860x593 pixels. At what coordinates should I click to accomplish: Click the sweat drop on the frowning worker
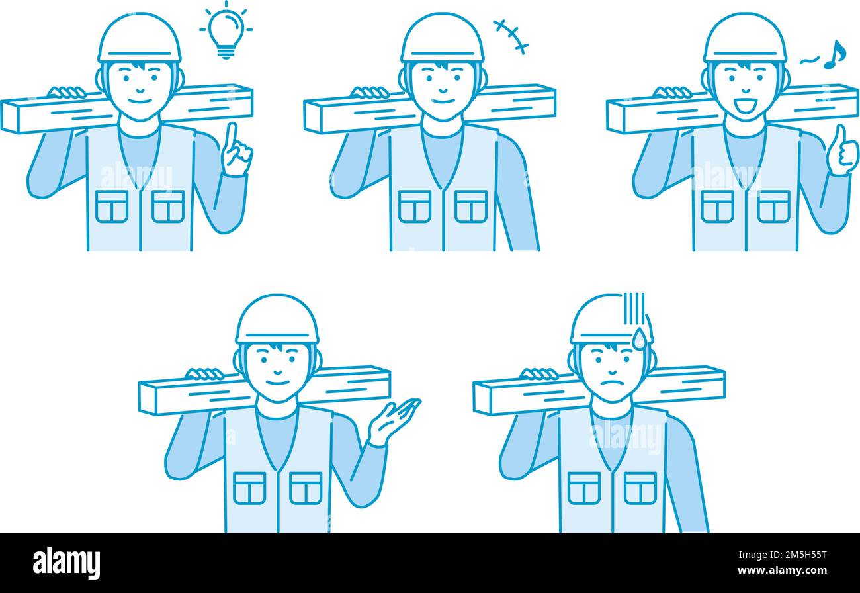(639, 338)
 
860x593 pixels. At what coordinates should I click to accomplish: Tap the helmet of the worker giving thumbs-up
(745, 38)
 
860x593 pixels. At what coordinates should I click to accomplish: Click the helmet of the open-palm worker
(277, 320)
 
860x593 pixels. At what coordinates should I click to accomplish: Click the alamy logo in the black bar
(67, 563)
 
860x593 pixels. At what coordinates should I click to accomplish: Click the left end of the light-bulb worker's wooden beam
(9, 116)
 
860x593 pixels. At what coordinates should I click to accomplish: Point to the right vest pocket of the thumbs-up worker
(773, 206)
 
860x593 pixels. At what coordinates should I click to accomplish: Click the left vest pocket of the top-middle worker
(415, 206)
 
